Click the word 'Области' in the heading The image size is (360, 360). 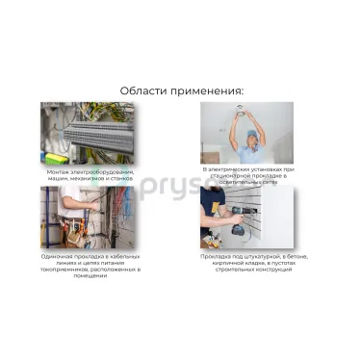pyautogui.click(x=142, y=90)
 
